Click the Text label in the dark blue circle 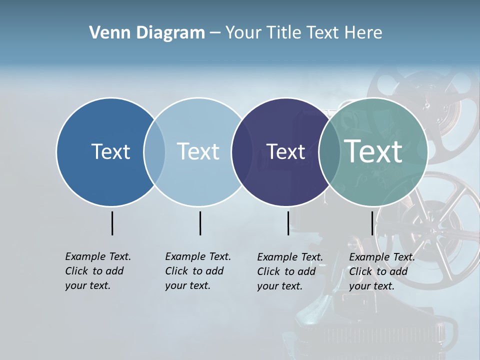coord(110,151)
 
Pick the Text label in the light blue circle coord(198,151)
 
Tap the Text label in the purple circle coord(285,151)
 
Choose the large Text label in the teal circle coord(373,151)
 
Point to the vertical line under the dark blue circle coord(112,223)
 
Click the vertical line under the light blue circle coord(200,223)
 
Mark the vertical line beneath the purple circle coord(288,223)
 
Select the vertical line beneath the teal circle coord(372,223)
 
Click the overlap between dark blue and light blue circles coord(154,152)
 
